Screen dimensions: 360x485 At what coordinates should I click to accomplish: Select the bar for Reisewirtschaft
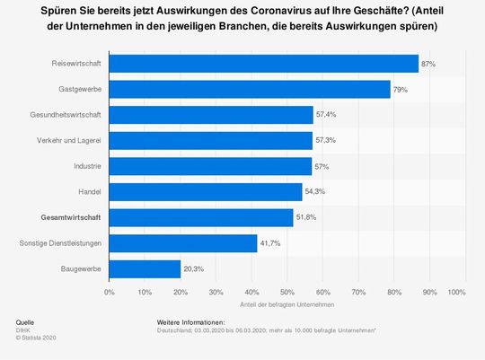tap(263, 64)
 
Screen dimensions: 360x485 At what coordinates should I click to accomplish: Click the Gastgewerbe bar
tap(250, 89)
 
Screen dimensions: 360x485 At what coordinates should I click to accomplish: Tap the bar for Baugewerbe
tap(145, 268)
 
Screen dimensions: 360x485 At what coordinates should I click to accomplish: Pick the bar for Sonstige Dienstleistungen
tap(183, 243)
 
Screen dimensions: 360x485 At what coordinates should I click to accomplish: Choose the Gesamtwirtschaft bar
tap(201, 217)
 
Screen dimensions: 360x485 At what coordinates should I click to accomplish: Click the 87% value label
tap(428, 64)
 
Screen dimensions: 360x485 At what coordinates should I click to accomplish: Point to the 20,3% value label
tap(194, 268)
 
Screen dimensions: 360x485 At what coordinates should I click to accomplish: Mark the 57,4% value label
tap(326, 115)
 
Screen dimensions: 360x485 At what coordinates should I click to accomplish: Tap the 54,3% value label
tap(315, 192)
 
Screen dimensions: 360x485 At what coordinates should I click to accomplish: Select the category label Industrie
tap(86, 166)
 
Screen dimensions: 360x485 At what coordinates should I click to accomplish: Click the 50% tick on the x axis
tap(287, 293)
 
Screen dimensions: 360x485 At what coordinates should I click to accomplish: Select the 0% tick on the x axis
tap(110, 293)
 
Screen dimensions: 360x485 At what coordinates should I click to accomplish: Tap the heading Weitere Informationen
tap(197, 321)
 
